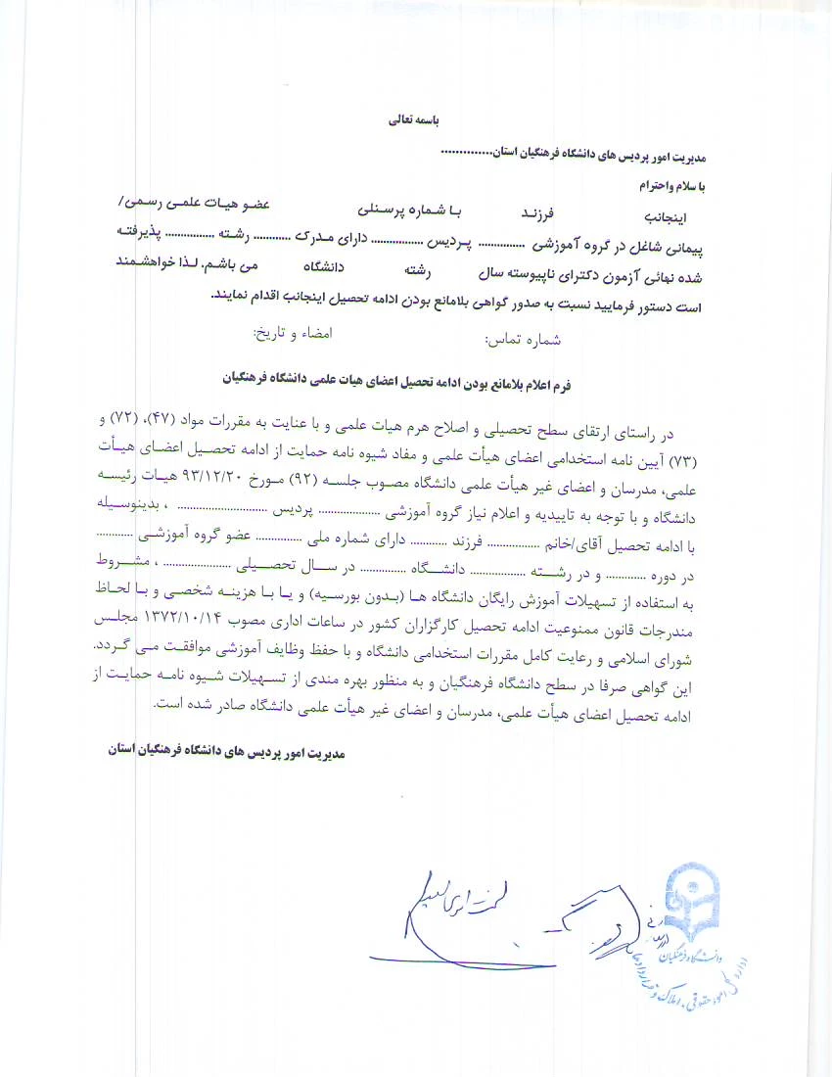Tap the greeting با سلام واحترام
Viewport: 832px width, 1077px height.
(x=671, y=184)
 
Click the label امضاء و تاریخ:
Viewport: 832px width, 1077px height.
(x=294, y=333)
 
